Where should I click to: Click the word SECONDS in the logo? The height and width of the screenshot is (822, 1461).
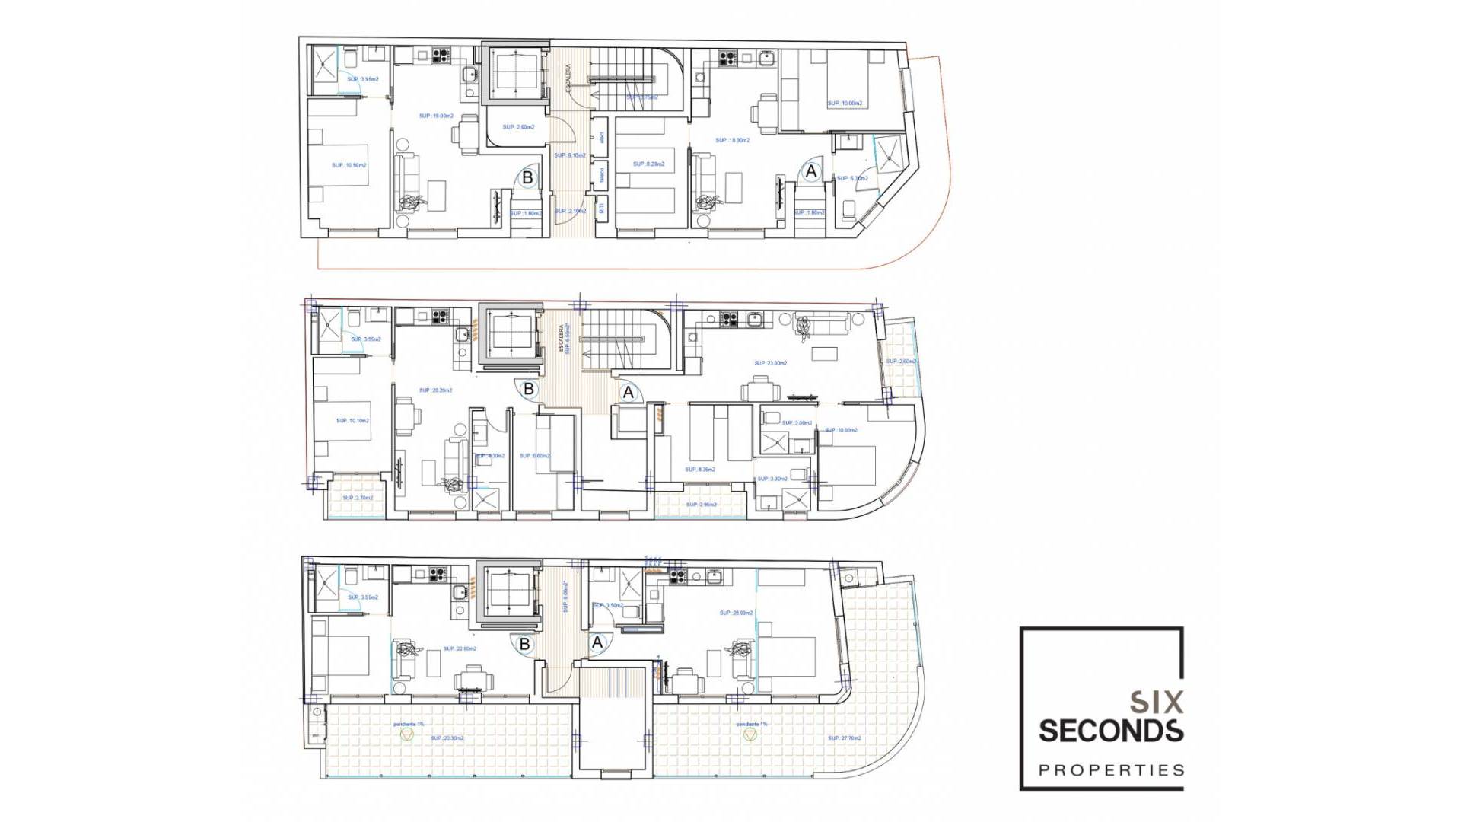pyautogui.click(x=1111, y=731)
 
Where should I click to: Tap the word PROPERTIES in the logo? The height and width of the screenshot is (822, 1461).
pyautogui.click(x=1111, y=770)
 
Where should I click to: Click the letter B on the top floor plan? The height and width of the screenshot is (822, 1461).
pyautogui.click(x=527, y=178)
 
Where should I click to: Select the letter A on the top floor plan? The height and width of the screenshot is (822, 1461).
pyautogui.click(x=811, y=172)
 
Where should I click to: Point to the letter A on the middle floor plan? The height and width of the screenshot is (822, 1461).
pyautogui.click(x=629, y=393)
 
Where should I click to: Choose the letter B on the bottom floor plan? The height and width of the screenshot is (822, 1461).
pyautogui.click(x=524, y=645)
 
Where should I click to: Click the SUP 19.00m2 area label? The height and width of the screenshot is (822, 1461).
pyautogui.click(x=436, y=116)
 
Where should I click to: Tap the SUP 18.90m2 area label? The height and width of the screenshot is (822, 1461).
pyautogui.click(x=732, y=140)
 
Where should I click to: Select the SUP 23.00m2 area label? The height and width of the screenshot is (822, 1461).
pyautogui.click(x=770, y=364)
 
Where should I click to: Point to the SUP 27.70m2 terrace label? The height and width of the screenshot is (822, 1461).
pyautogui.click(x=844, y=738)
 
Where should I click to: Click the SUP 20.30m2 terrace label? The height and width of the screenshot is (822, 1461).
pyautogui.click(x=447, y=738)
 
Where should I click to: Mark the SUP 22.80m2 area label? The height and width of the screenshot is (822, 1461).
pyautogui.click(x=460, y=649)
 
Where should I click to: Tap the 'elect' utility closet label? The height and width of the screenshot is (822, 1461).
pyautogui.click(x=601, y=139)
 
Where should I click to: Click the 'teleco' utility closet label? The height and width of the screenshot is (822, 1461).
pyautogui.click(x=601, y=176)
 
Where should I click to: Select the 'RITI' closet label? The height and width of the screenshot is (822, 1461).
pyautogui.click(x=601, y=207)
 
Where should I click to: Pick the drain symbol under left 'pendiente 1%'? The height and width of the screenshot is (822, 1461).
pyautogui.click(x=406, y=735)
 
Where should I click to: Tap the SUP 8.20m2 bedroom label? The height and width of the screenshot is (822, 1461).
pyautogui.click(x=648, y=164)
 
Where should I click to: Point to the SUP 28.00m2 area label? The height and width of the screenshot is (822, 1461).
pyautogui.click(x=736, y=613)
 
